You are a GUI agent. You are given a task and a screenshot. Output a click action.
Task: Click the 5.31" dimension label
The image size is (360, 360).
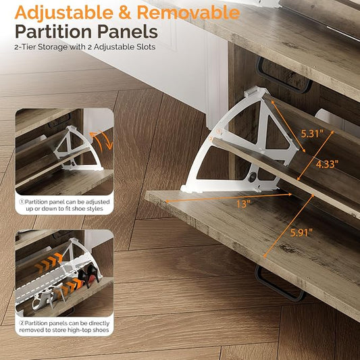(x=312, y=134)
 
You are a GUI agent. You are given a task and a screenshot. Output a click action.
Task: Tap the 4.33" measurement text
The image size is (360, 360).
(x=327, y=164)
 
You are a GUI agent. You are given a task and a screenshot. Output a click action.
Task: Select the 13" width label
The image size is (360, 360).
(x=242, y=204)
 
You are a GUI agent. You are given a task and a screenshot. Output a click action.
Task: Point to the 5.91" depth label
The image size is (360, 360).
(x=301, y=233)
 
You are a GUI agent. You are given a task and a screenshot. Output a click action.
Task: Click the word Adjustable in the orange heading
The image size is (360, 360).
(x=63, y=13)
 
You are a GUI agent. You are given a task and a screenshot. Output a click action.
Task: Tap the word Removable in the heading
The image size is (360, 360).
(x=188, y=12)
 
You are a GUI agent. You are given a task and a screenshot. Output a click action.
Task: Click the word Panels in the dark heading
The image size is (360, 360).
(x=128, y=32)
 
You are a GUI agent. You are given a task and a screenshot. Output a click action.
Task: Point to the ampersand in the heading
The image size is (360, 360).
(x=125, y=12)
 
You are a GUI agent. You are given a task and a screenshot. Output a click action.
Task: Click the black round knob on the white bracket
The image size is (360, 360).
(x=252, y=177)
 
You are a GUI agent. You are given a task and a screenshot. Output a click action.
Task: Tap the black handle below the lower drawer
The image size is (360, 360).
(x=279, y=284)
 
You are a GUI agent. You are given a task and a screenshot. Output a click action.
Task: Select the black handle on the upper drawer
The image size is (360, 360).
(x=284, y=76)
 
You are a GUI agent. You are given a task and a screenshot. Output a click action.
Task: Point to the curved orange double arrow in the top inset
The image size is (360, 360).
(x=103, y=140)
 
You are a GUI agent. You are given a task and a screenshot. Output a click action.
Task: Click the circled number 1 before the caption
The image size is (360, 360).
(x=22, y=202)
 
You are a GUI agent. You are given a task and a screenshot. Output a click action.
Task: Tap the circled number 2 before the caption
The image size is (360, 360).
(x=22, y=324)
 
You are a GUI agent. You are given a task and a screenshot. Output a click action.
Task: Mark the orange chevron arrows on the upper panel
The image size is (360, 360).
(x=49, y=262)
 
